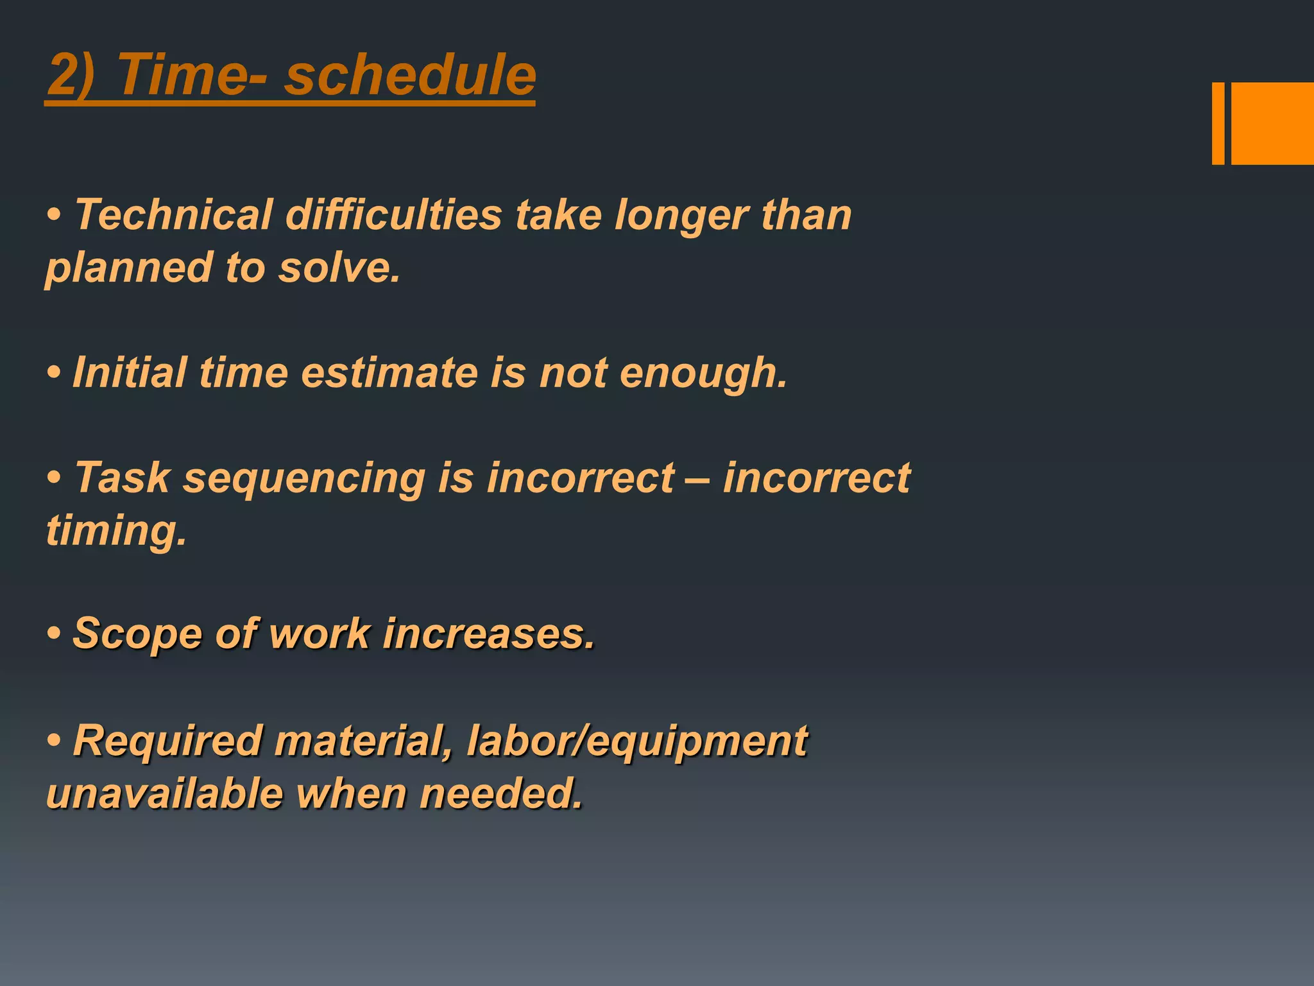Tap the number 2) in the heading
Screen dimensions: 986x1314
tap(71, 76)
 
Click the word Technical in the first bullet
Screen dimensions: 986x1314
tap(174, 214)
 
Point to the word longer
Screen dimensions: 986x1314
tap(681, 216)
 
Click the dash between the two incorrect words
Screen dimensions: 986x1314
tap(698, 479)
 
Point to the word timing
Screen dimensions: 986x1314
tap(116, 532)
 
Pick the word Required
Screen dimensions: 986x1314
tap(167, 741)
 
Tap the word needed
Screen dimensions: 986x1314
tap(501, 793)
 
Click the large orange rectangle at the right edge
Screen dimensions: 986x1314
tap(1272, 123)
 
